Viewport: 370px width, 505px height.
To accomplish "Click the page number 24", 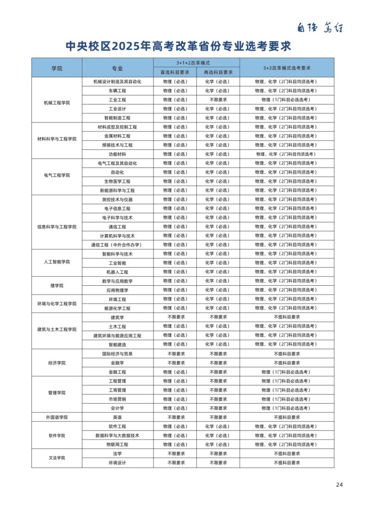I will [x=339, y=485].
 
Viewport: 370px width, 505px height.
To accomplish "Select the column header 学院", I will [x=56, y=68].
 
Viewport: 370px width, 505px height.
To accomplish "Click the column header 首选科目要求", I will [x=174, y=72].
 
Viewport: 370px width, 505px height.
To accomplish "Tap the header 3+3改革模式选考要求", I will [x=286, y=68].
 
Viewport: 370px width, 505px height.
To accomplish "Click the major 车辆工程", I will [x=117, y=91].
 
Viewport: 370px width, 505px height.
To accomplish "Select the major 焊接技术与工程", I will [x=117, y=145].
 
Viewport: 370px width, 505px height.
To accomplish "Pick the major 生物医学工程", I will [x=117, y=181].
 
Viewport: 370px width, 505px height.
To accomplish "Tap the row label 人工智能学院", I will [x=56, y=262].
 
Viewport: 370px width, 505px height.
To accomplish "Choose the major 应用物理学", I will [x=117, y=290].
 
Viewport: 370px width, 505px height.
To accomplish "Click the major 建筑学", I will [x=117, y=317].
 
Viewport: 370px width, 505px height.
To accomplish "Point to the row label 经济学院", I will [x=56, y=363].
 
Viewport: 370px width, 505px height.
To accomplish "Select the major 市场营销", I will [x=117, y=399].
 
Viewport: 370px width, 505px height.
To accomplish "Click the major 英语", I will [x=117, y=417].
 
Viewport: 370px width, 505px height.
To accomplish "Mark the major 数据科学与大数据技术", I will [x=117, y=436].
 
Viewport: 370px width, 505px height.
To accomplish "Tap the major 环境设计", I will [x=117, y=463].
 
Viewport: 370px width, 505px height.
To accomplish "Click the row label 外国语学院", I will [x=56, y=417].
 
